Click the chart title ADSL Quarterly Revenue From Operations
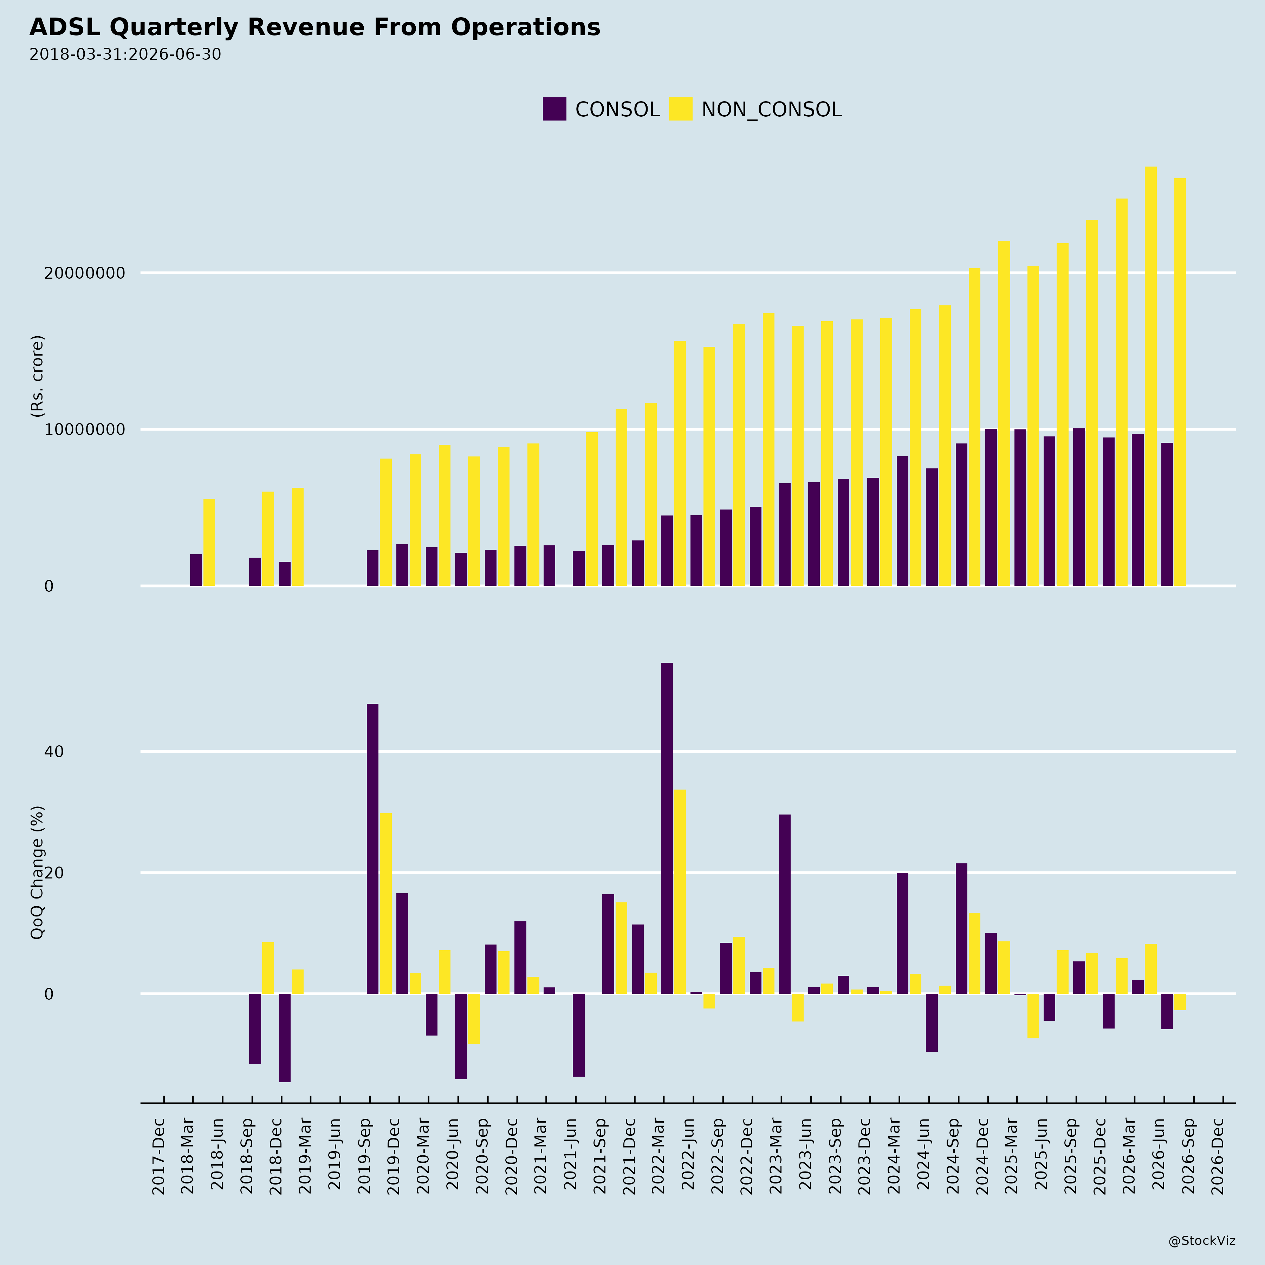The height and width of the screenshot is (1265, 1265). tap(315, 27)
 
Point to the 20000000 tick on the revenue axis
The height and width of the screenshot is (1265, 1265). tap(84, 273)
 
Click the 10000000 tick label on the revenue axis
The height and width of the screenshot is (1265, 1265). tap(84, 429)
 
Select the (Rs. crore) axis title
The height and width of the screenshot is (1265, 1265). tap(37, 376)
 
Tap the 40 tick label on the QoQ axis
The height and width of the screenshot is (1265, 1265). tap(54, 752)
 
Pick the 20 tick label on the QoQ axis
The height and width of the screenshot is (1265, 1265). tap(54, 873)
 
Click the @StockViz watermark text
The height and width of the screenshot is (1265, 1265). tap(1202, 1241)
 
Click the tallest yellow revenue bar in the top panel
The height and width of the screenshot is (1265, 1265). tap(1150, 376)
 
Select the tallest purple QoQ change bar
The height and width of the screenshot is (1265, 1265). tap(667, 828)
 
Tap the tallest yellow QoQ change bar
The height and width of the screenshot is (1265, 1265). tap(680, 892)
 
